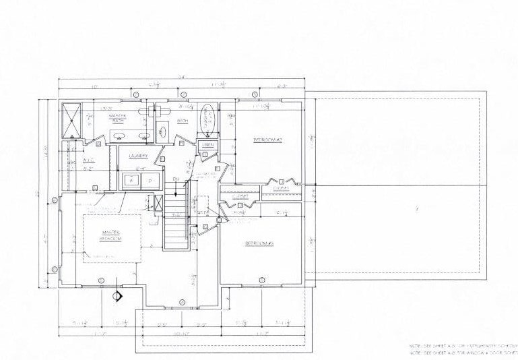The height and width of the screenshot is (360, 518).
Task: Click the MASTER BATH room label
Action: pyautogui.click(x=118, y=119)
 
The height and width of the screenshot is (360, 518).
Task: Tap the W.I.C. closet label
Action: pyautogui.click(x=88, y=160)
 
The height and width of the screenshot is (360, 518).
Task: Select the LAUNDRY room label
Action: pyautogui.click(x=138, y=156)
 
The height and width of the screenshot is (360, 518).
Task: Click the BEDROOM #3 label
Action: pyautogui.click(x=259, y=243)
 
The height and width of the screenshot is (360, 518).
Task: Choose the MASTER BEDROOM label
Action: pyautogui.click(x=110, y=235)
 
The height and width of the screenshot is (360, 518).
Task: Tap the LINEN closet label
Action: pyautogui.click(x=207, y=145)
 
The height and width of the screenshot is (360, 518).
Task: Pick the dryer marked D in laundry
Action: pyautogui.click(x=150, y=181)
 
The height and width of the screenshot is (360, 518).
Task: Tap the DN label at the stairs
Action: pyautogui.click(x=175, y=179)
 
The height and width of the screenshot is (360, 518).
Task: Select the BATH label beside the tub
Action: pyautogui.click(x=182, y=121)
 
